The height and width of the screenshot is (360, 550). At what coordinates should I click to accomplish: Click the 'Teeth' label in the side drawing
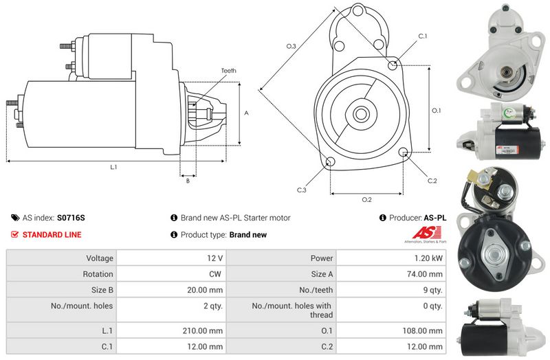(229, 71)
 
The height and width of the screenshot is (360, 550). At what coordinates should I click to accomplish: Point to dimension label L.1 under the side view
(113, 167)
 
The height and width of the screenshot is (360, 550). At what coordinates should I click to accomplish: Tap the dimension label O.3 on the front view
(291, 46)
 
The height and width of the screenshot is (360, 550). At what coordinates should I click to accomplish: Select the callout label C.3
(301, 190)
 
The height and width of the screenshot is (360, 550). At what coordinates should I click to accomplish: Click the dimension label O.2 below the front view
(366, 200)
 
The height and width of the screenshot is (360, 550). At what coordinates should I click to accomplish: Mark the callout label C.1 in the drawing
(423, 36)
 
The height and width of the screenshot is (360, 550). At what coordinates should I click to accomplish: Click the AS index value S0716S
(71, 218)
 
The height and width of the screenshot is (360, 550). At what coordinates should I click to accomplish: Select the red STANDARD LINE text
(52, 235)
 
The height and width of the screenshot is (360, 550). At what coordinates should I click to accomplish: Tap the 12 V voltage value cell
(214, 258)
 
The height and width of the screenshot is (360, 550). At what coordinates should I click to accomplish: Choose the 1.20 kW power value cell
(429, 258)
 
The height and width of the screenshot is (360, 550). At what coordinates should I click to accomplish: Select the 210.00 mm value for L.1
(205, 330)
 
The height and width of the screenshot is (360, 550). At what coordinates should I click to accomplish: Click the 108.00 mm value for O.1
(422, 330)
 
